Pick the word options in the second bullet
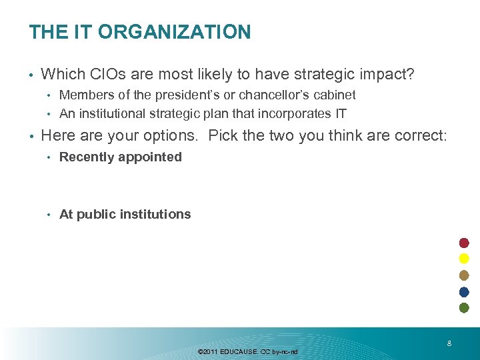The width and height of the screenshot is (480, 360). click(x=168, y=136)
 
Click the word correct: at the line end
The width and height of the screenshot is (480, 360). click(x=417, y=136)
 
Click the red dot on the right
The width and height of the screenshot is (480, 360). click(x=465, y=243)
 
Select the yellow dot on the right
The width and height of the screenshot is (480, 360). click(x=465, y=259)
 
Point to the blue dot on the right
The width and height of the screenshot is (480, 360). click(x=465, y=291)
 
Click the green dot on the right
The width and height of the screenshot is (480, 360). click(x=465, y=307)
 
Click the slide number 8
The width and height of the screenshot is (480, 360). click(x=449, y=344)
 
